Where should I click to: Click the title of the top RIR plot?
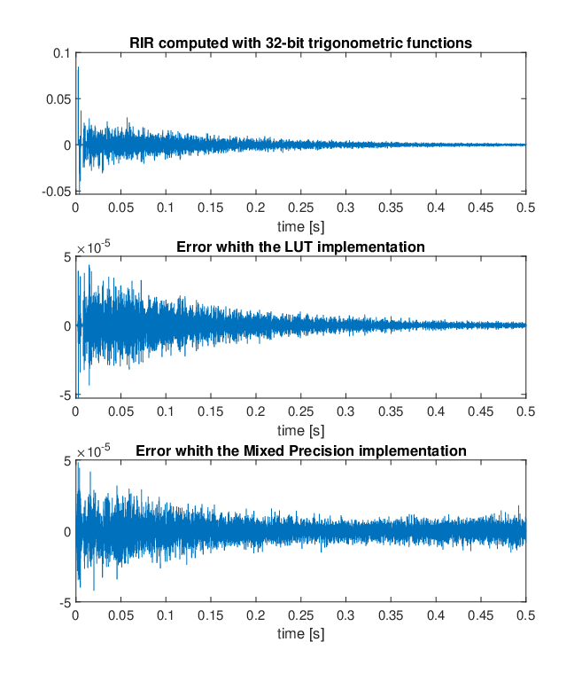point(301,43)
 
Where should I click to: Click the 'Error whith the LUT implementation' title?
point(301,247)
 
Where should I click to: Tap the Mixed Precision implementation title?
point(301,450)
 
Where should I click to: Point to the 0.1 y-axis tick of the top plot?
point(61,53)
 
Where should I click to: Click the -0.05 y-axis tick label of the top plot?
point(56,192)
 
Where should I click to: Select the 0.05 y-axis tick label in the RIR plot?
point(58,99)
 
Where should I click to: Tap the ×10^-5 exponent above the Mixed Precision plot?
point(93,450)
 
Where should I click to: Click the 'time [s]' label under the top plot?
point(301,227)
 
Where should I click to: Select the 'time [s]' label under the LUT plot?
point(301,431)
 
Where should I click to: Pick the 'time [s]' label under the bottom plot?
point(301,634)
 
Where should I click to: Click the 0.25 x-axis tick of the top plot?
point(301,207)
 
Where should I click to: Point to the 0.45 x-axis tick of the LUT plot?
point(481,411)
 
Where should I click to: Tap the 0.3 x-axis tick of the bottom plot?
point(345,615)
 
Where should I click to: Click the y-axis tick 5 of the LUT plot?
point(66,257)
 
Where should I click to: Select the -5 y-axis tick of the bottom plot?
point(65,603)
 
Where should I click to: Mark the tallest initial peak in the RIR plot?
point(78,67)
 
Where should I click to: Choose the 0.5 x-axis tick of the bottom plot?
point(526,615)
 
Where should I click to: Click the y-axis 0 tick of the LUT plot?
point(67,326)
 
